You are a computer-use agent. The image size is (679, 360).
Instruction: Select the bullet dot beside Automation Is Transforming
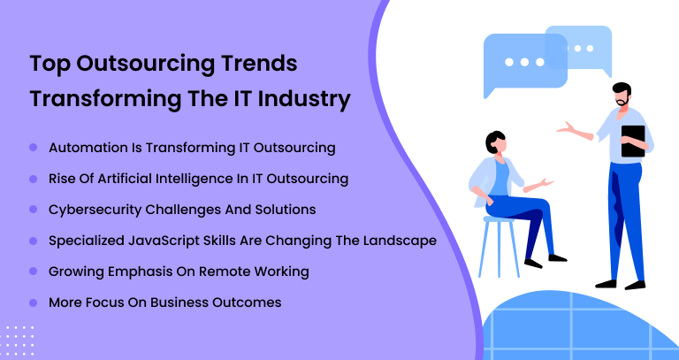(x=34, y=148)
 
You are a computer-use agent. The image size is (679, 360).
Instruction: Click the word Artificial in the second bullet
(x=125, y=179)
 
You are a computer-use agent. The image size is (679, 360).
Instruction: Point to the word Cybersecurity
(x=95, y=211)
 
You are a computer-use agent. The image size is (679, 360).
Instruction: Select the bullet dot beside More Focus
(x=34, y=303)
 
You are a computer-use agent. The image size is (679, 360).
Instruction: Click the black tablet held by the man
(x=633, y=142)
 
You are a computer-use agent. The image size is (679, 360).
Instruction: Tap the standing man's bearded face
(x=622, y=97)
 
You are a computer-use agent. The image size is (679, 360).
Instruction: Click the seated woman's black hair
(x=493, y=142)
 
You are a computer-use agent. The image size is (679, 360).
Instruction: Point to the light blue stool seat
(x=500, y=219)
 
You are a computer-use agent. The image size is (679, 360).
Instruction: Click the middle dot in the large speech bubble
(x=524, y=63)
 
